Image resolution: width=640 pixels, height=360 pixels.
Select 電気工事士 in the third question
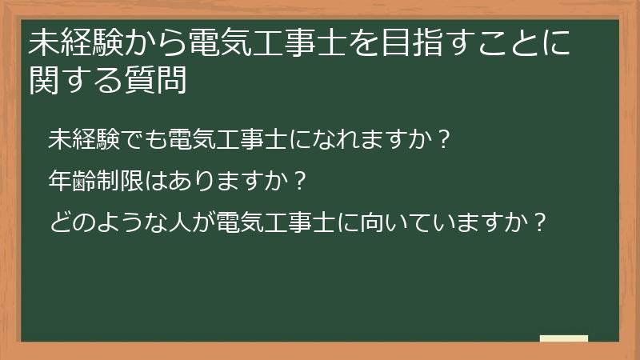[x=265, y=220]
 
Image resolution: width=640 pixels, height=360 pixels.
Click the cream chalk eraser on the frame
[x=564, y=338]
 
